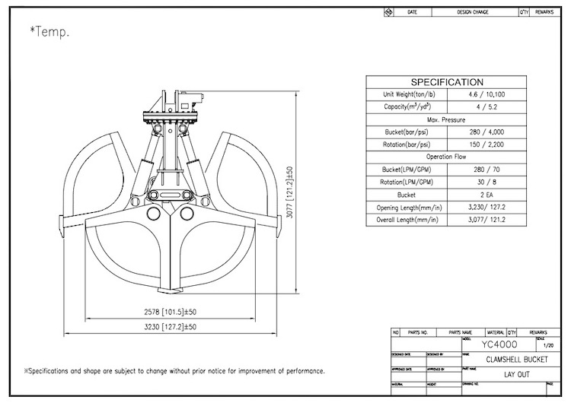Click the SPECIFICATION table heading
(x=447, y=82)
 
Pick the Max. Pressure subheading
(x=447, y=119)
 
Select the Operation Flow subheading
(x=447, y=156)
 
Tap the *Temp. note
(x=49, y=32)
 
